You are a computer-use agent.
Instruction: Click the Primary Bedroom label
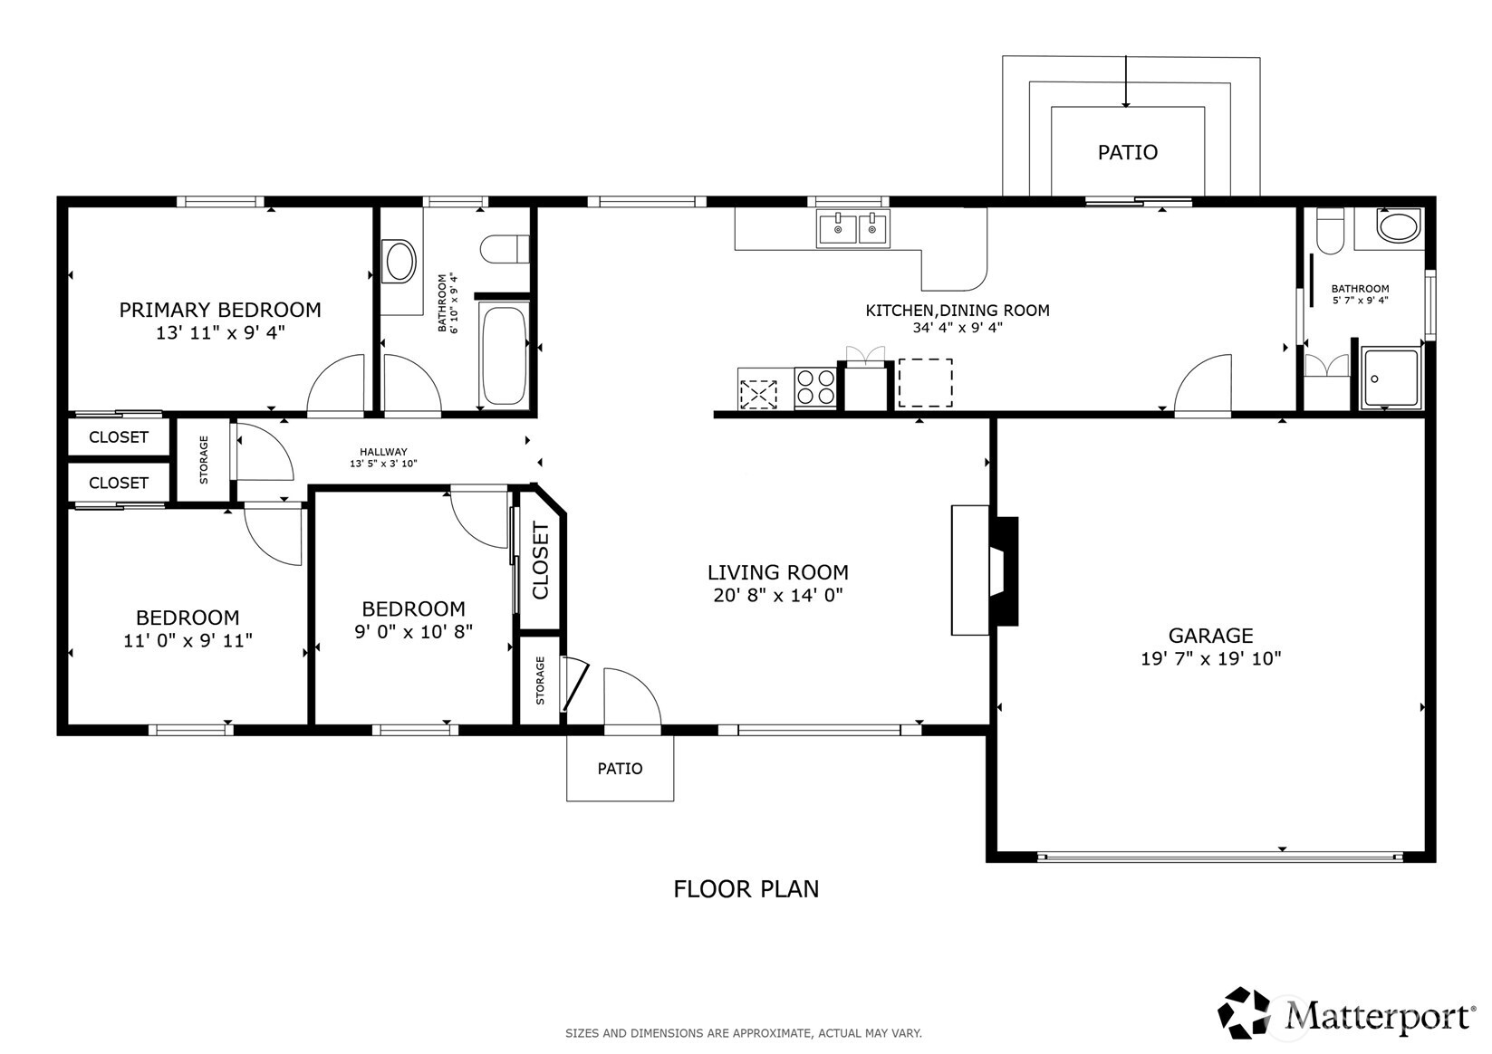click(220, 310)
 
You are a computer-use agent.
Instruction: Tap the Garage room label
click(1211, 635)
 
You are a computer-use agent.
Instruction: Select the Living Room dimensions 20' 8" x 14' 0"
click(778, 595)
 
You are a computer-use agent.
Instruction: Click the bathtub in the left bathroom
click(505, 355)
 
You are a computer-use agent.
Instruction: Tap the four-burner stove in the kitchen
click(816, 388)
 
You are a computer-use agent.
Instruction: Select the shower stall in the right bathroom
click(1391, 377)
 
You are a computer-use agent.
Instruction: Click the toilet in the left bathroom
click(505, 249)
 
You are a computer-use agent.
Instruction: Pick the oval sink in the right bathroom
click(1399, 225)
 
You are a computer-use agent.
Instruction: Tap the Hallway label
click(383, 452)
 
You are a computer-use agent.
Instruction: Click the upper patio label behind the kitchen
click(1128, 152)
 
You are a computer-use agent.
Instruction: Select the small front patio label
click(621, 769)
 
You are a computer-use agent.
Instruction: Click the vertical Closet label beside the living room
click(540, 561)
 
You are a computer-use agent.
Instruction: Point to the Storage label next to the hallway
click(204, 459)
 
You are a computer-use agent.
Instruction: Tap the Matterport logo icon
click(1245, 1012)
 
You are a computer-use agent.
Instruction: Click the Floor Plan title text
click(746, 889)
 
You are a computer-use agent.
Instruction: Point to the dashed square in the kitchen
click(925, 383)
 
